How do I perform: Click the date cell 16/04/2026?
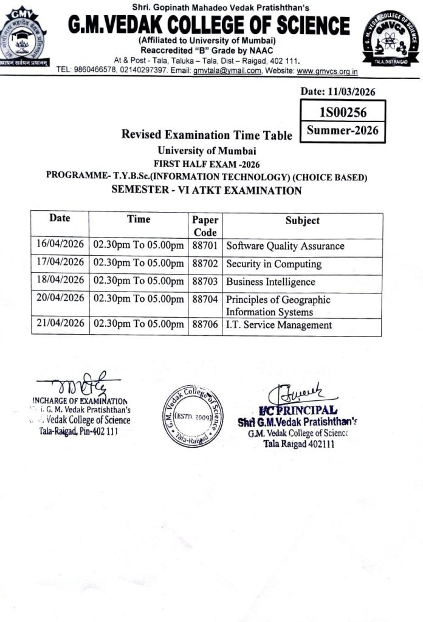(60, 246)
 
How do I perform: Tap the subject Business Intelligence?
(270, 282)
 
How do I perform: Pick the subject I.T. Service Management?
(279, 325)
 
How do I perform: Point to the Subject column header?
(302, 221)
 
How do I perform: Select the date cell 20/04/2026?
(60, 298)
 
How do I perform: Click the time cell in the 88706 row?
(138, 325)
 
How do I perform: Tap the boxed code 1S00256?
(343, 112)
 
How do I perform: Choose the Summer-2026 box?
(343, 131)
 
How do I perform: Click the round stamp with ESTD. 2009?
(193, 416)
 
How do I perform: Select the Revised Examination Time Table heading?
(207, 135)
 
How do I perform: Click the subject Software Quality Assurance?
(285, 246)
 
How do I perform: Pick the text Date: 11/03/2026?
(338, 92)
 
